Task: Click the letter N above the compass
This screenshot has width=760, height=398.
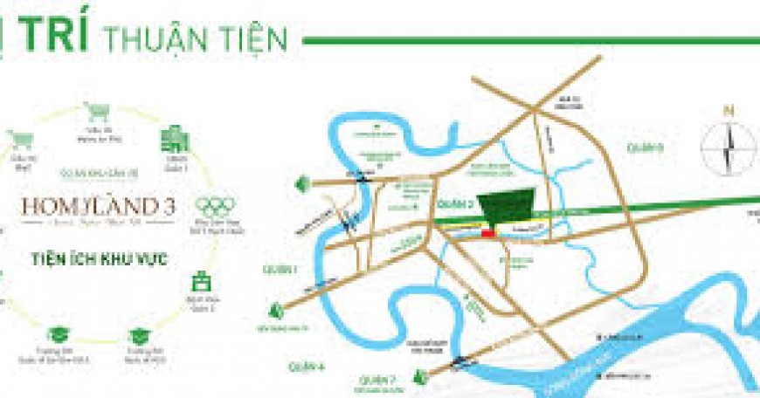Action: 728,111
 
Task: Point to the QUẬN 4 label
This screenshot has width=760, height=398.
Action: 310,367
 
